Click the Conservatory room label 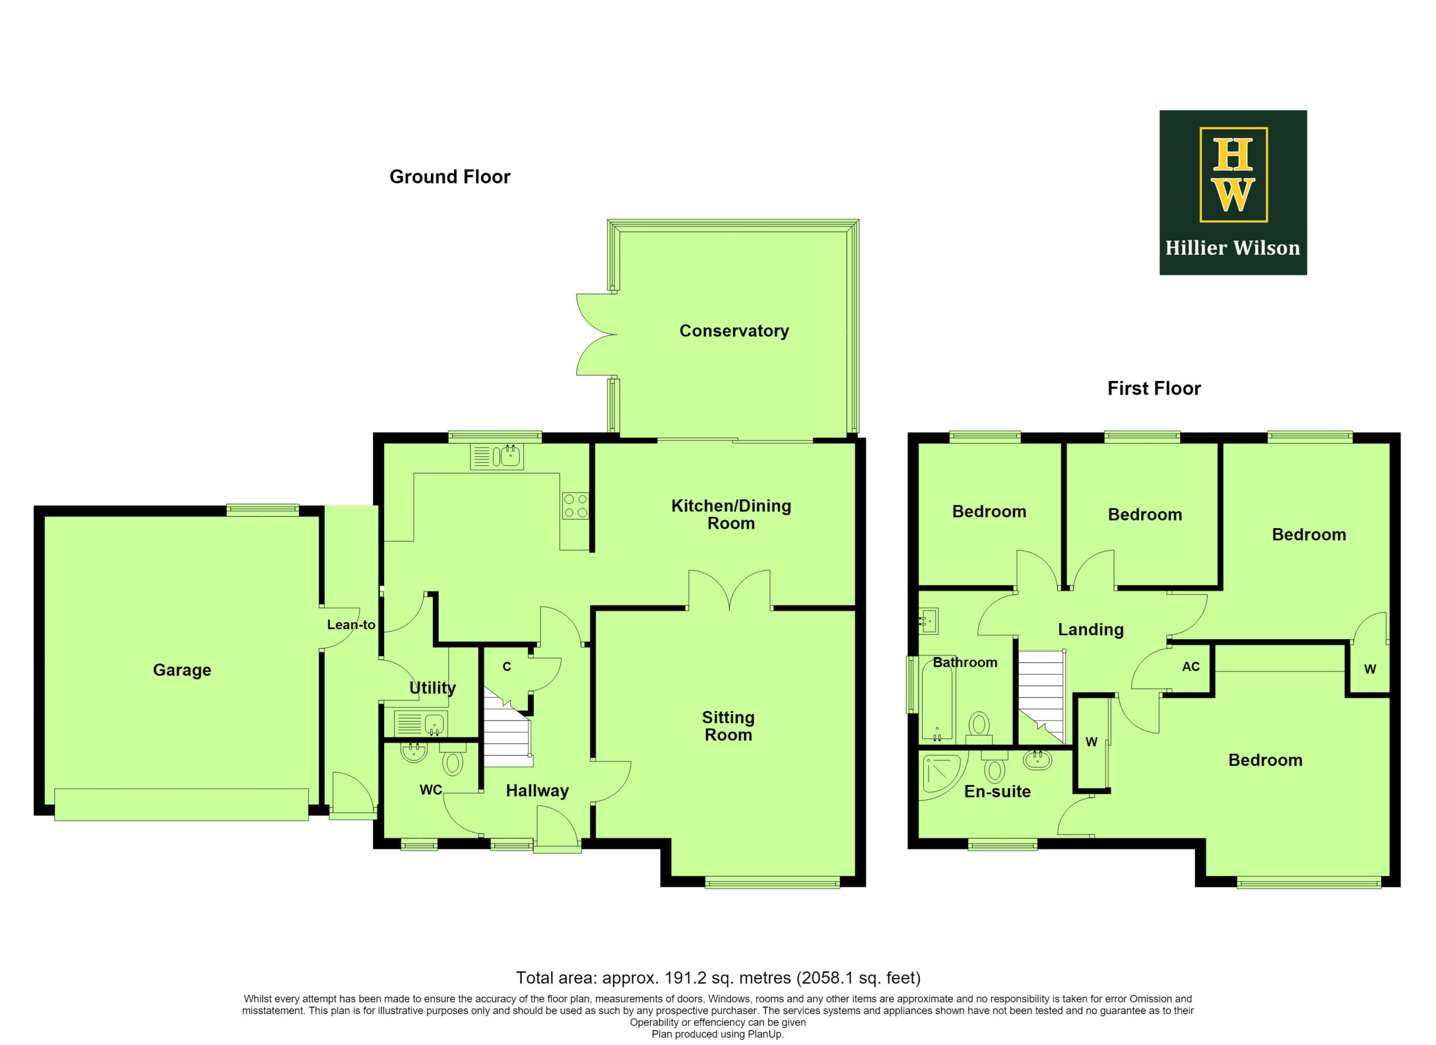click(x=734, y=331)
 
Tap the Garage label click(x=182, y=670)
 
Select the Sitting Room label click(x=728, y=726)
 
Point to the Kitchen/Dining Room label click(x=731, y=514)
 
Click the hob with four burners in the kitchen click(x=576, y=506)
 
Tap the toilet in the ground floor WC click(x=453, y=759)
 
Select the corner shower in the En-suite click(x=940, y=773)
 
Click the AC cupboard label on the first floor click(x=1190, y=666)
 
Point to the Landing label click(x=1090, y=630)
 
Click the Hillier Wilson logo click(x=1233, y=192)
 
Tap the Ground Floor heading click(x=449, y=177)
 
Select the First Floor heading click(x=1154, y=388)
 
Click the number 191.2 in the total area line click(x=685, y=978)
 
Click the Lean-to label click(x=351, y=625)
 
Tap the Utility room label click(x=432, y=688)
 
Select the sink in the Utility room click(x=420, y=723)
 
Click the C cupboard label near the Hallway click(x=507, y=666)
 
